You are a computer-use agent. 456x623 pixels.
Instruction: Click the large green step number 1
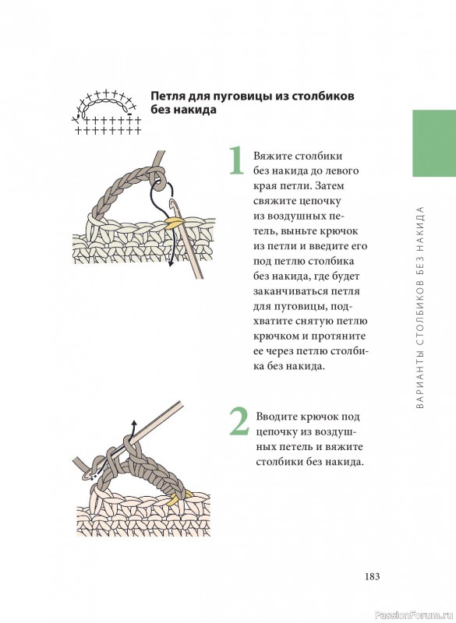coord(236,160)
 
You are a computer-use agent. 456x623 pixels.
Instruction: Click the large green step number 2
coord(239,421)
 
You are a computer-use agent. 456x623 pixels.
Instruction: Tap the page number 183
coord(372,576)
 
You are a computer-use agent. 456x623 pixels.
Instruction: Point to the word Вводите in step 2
coord(274,417)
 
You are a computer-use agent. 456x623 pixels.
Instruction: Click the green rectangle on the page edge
coord(434,143)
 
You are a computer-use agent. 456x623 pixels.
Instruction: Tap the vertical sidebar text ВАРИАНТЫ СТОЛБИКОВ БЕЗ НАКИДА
coord(421,308)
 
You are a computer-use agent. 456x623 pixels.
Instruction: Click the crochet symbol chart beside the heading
coord(107,112)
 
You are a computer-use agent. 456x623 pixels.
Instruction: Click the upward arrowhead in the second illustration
coord(134,423)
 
